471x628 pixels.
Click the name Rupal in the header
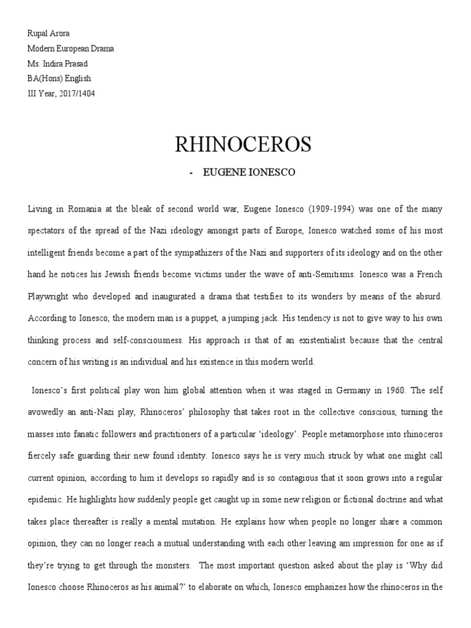tap(38, 34)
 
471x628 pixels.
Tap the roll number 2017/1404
tap(77, 94)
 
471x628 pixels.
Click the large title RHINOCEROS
tap(243, 145)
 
